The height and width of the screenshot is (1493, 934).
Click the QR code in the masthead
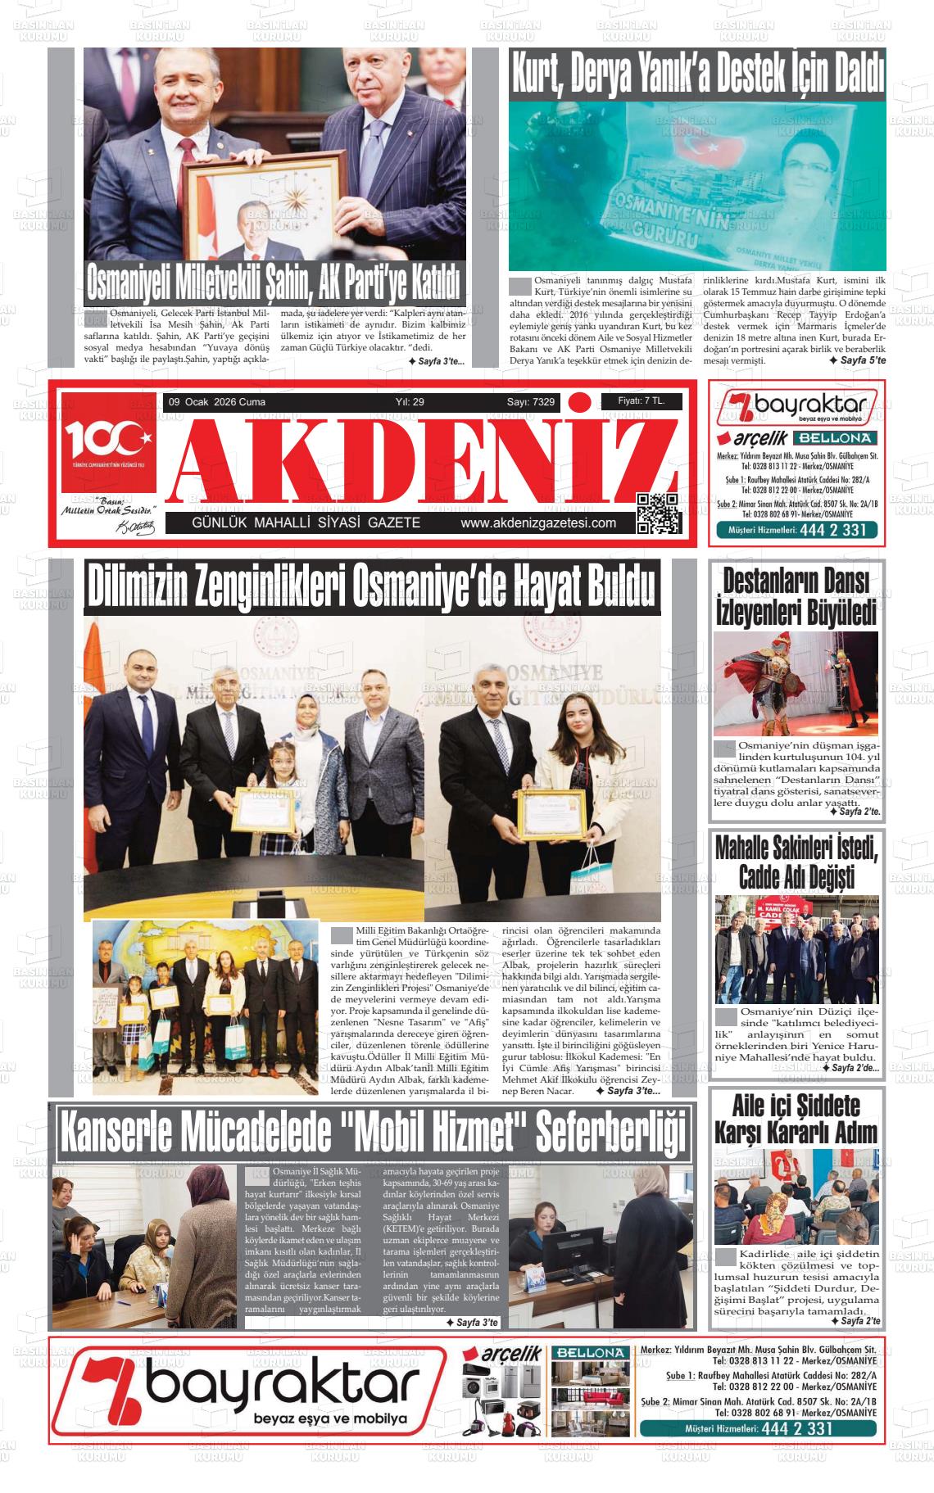pos(658,514)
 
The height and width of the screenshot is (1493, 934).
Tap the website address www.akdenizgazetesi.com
pos(538,523)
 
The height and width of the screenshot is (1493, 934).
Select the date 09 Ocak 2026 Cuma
pos(216,402)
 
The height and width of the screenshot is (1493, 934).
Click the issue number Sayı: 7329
pos(530,402)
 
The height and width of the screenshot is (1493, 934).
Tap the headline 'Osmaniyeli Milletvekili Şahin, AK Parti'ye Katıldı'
pos(274,283)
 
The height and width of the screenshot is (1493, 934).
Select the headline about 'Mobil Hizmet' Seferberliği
pos(372,1133)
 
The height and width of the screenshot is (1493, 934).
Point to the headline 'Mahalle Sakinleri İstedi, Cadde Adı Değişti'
pos(796,862)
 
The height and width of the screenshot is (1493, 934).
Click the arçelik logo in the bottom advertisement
pos(509,1355)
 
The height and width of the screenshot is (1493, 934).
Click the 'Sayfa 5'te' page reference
pos(857,360)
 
